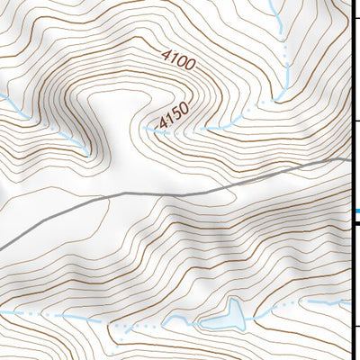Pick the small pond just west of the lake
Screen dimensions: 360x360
173,322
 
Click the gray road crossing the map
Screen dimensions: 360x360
180,192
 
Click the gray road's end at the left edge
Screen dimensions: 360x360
2,246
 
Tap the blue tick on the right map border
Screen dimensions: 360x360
355,211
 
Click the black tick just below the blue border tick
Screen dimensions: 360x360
355,227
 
